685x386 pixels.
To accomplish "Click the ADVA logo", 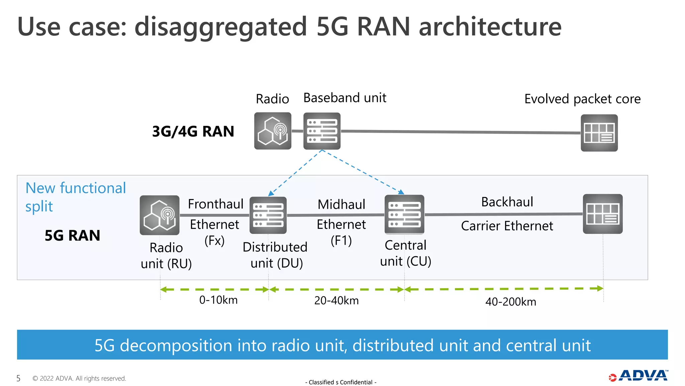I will tap(639, 376).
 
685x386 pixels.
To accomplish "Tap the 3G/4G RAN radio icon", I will tap(273, 131).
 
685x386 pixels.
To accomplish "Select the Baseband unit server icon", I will tap(322, 131).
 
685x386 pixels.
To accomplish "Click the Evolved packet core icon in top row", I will tap(599, 133).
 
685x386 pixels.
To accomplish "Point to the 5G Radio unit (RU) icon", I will tap(160, 215).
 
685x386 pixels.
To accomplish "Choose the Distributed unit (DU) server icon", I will tap(268, 215).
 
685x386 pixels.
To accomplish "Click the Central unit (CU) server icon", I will tap(404, 214).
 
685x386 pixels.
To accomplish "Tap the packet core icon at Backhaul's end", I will tap(603, 214).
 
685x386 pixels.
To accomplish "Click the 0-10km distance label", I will tap(218, 300).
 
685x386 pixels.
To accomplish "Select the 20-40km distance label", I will tap(336, 301).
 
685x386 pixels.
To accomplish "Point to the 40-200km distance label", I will tap(511, 302).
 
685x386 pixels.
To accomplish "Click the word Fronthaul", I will tap(216, 204).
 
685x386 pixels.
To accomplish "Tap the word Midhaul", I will tap(341, 204).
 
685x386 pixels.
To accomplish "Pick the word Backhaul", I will tap(507, 202).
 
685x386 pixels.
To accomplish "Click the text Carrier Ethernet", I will tap(507, 226).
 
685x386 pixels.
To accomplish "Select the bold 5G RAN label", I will tap(72, 236).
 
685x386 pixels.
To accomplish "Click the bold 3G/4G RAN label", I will tap(193, 131).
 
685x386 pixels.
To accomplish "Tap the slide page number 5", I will tap(18, 379).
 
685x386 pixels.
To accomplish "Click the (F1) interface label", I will tap(341, 241).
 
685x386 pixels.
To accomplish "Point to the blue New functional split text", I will tap(76, 197).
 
